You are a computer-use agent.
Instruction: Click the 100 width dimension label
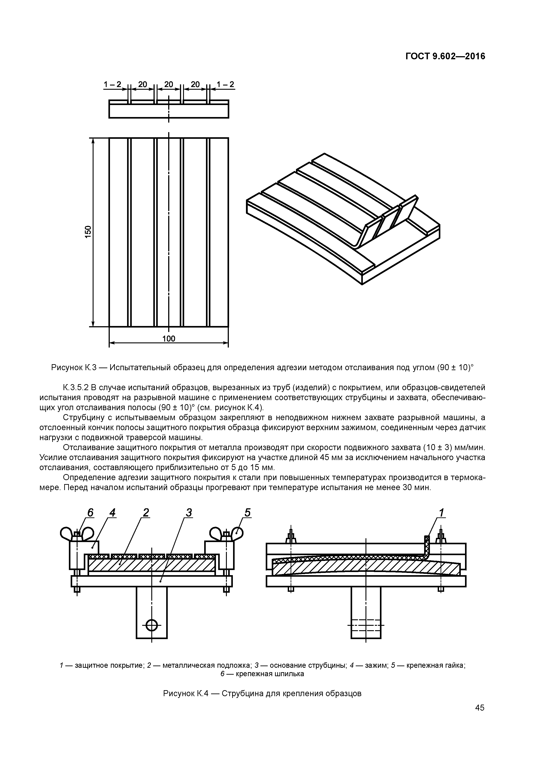point(168,339)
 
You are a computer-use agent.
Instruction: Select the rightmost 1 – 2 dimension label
point(226,84)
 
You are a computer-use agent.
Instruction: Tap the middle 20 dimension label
point(169,84)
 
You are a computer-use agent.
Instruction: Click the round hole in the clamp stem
point(152,624)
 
